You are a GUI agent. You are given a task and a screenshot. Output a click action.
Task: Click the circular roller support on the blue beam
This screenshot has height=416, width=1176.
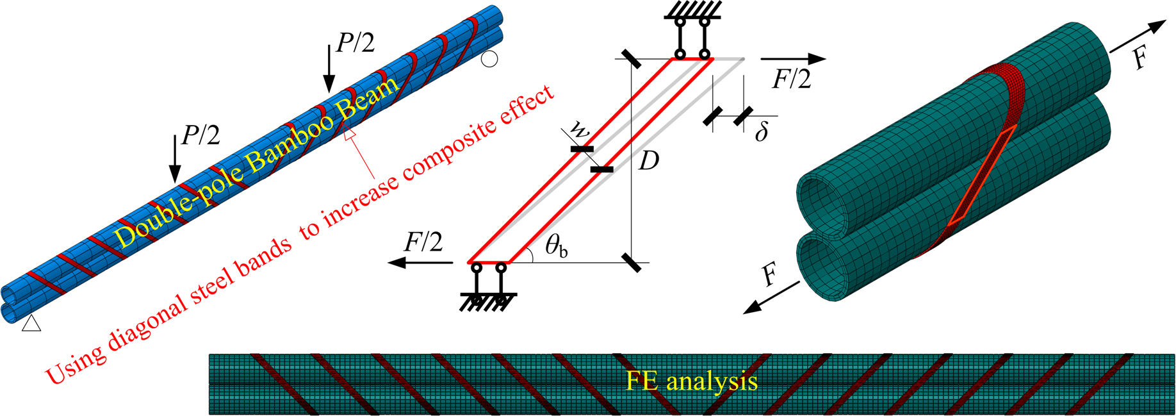(489, 60)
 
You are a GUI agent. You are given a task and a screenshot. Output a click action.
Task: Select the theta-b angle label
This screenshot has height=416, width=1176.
(556, 247)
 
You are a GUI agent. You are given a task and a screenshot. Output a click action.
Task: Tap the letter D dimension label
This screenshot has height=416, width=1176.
(648, 161)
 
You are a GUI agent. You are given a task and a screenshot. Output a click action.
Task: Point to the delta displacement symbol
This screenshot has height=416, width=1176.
(761, 132)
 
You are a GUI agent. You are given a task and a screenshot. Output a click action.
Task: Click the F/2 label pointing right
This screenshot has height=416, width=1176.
(792, 79)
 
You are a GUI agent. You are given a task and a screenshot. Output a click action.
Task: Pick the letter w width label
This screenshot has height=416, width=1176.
(579, 129)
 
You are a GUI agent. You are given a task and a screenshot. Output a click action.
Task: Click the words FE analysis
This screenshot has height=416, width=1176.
(691, 381)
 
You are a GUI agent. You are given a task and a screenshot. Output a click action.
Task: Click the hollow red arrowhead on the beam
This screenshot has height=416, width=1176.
(349, 133)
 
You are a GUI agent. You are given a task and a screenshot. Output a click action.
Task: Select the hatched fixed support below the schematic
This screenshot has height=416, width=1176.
(489, 303)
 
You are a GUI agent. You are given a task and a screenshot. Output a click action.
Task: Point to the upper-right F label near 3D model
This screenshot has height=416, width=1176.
(1139, 58)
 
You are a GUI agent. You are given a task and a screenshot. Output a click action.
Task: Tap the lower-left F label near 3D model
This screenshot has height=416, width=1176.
(771, 277)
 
